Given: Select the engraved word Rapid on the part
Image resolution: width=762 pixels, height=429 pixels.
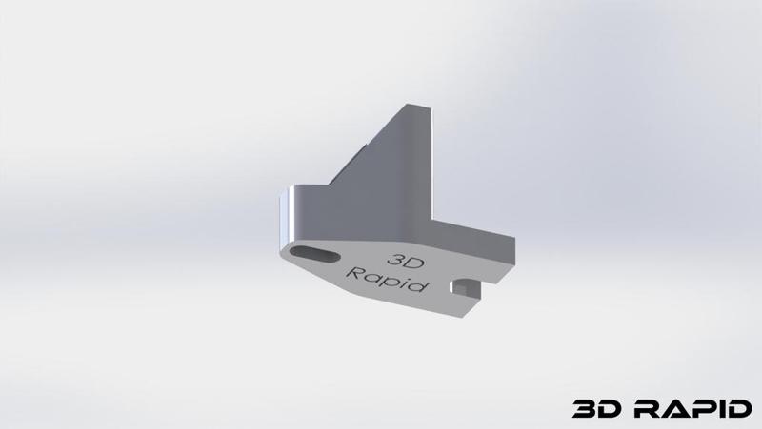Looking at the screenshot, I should click(x=389, y=281).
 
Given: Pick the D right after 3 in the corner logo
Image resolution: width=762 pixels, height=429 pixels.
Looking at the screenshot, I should click(x=610, y=409).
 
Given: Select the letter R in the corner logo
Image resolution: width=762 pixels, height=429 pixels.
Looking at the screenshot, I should click(x=646, y=409).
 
